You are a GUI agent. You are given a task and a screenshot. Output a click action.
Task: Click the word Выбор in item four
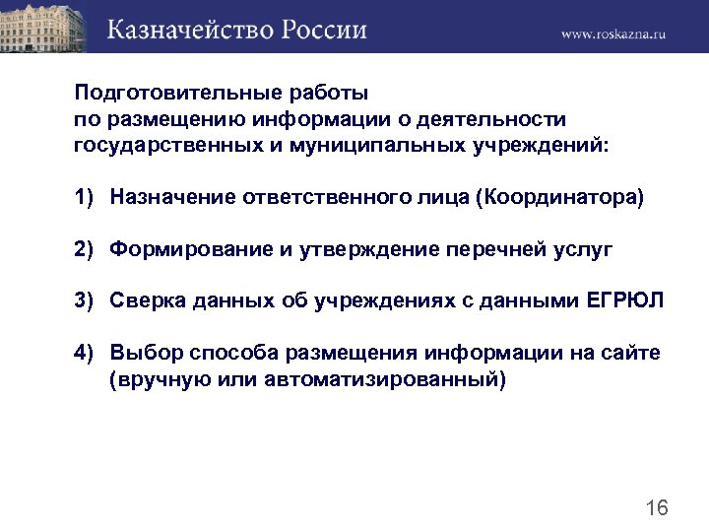click(x=140, y=352)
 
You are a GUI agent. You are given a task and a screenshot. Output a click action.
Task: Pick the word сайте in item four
click(x=633, y=352)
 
